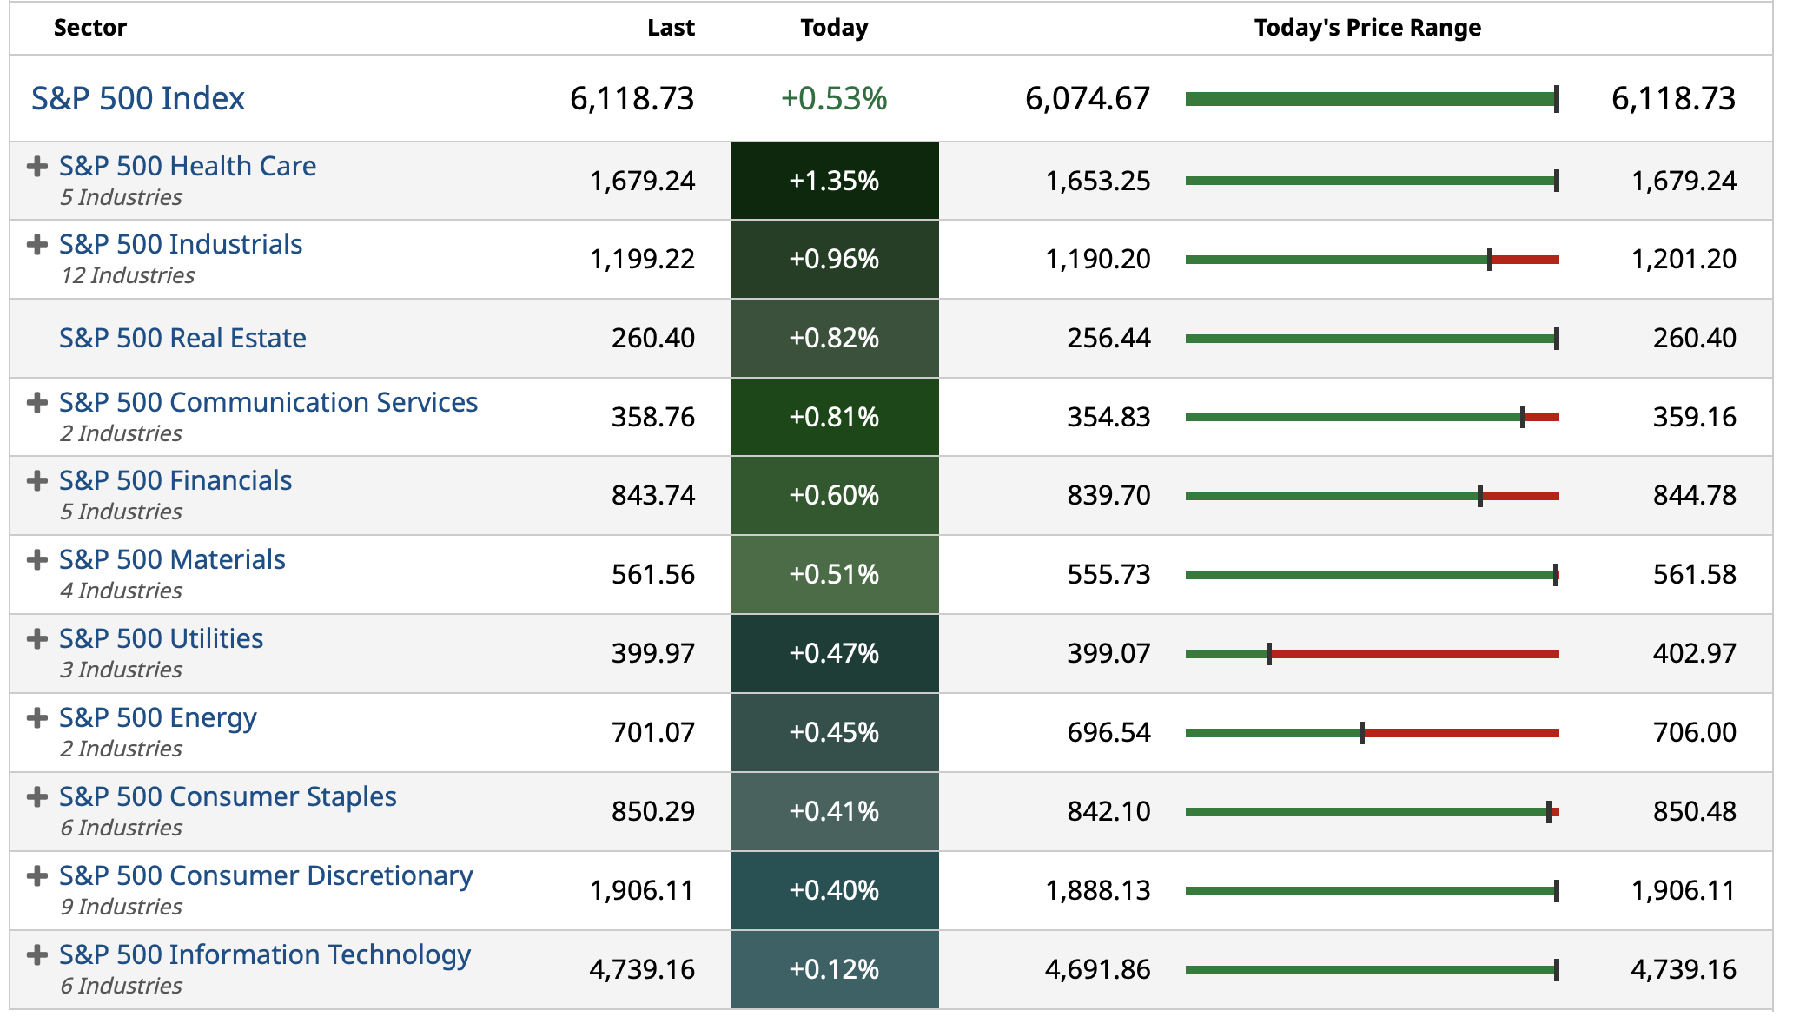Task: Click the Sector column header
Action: coord(89,28)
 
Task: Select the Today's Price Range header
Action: coord(1366,28)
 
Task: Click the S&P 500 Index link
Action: coord(138,98)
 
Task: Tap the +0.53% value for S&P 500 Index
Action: coord(833,98)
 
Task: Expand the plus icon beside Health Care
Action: coord(36,166)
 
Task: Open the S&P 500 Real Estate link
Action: coord(182,338)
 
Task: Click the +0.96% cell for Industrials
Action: coord(834,259)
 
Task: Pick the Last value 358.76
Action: coord(652,417)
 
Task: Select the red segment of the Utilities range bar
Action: coord(1414,654)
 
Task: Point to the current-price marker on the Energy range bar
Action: coord(1361,733)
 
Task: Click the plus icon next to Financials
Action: coord(36,480)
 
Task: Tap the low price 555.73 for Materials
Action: coord(1108,574)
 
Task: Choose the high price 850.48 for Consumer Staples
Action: coord(1694,811)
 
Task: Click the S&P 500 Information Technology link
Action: coord(265,954)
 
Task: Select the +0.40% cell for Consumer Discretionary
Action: coord(834,890)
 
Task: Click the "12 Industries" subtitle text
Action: coord(128,275)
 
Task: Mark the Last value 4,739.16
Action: coord(642,969)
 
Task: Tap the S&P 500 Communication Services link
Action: coord(268,402)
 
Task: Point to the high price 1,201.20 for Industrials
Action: coord(1684,259)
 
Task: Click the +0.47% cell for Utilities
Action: coord(834,653)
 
